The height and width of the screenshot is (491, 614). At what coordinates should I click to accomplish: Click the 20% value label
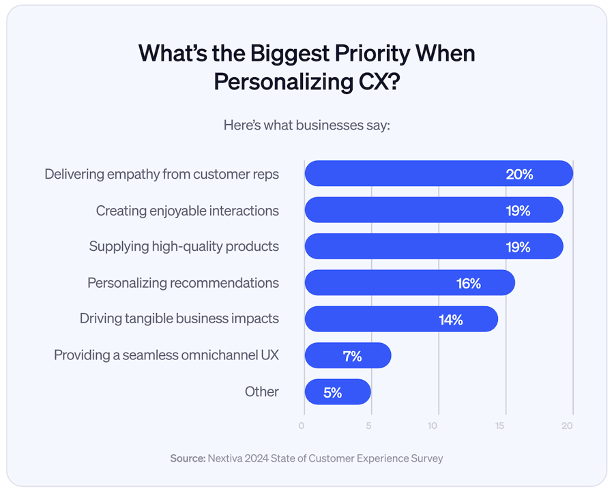click(519, 175)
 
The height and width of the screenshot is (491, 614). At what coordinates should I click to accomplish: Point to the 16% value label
click(469, 284)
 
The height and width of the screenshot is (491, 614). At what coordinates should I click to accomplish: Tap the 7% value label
click(352, 356)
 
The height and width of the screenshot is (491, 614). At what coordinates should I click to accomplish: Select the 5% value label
click(332, 393)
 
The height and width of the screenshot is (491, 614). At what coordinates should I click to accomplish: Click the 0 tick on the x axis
click(302, 426)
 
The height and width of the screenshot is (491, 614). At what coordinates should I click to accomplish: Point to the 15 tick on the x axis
click(500, 426)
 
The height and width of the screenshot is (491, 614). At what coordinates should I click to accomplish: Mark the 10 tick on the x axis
click(433, 426)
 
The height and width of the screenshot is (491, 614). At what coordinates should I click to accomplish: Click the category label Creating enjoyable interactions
click(187, 211)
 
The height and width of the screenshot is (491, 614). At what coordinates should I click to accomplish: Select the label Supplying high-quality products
click(184, 247)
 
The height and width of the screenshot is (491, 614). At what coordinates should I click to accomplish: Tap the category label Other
click(262, 391)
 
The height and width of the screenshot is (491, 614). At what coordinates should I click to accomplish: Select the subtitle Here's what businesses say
click(306, 126)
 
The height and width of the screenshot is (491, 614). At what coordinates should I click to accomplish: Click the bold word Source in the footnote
click(187, 458)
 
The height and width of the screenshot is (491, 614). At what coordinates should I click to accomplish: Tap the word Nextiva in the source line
click(229, 458)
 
